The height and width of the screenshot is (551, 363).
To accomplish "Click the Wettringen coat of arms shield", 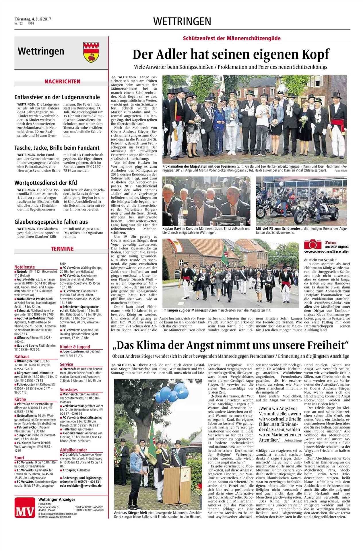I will (x=89, y=52).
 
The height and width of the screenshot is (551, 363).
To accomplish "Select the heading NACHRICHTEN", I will (x=62, y=82).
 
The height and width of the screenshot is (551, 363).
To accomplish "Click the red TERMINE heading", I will (x=63, y=249).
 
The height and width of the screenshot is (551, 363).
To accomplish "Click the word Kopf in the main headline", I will (x=313, y=54).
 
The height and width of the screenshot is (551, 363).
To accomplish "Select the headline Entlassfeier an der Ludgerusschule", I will (x=57, y=97).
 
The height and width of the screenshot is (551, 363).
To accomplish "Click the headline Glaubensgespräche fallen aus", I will (x=51, y=222).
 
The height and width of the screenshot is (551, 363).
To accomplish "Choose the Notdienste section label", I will (x=25, y=267).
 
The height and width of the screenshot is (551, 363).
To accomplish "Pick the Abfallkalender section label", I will (x=73, y=450).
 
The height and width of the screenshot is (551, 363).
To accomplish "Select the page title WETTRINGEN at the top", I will (x=182, y=21).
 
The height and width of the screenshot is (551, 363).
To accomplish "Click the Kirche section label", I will (x=20, y=399).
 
